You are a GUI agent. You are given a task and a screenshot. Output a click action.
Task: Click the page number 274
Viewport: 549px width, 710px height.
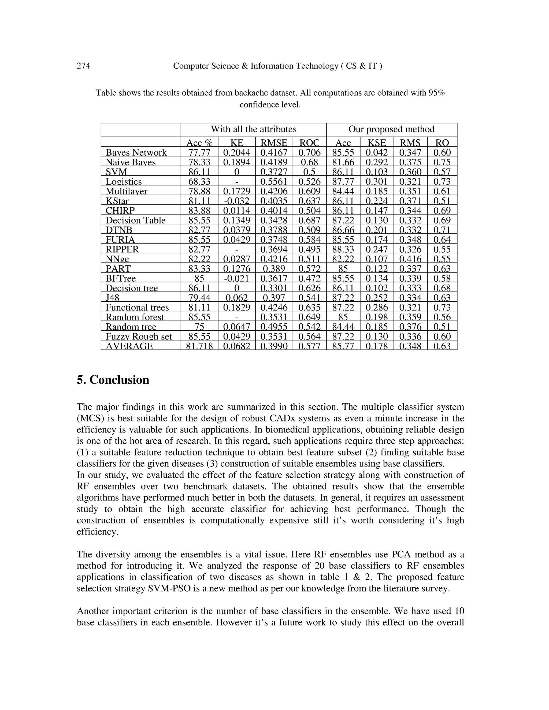click(x=83, y=66)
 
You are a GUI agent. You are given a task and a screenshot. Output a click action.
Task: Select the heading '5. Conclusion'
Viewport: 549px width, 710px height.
click(x=113, y=380)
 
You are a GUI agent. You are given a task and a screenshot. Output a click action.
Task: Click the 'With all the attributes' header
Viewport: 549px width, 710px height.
click(x=253, y=129)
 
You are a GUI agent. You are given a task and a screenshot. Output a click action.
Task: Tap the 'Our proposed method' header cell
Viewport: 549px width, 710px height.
click(x=391, y=129)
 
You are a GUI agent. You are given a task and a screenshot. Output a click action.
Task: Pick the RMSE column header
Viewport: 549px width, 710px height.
click(x=274, y=143)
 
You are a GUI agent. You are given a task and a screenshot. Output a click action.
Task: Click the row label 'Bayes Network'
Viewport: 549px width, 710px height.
click(x=136, y=152)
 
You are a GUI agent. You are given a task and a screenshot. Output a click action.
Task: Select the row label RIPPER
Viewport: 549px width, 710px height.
click(x=122, y=249)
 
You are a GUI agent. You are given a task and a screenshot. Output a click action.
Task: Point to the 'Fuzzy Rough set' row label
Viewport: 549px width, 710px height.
click(x=139, y=337)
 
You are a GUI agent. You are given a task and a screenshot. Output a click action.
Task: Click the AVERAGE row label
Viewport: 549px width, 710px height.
click(x=129, y=346)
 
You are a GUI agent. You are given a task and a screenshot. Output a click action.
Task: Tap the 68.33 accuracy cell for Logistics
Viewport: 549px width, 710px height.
click(x=199, y=181)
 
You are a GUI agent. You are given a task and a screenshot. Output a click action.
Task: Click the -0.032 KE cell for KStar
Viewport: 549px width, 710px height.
click(x=236, y=201)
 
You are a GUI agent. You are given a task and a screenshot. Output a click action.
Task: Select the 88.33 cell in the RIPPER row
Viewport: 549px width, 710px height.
click(x=343, y=249)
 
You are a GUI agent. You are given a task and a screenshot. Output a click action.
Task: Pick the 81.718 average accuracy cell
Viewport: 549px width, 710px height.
click(x=199, y=346)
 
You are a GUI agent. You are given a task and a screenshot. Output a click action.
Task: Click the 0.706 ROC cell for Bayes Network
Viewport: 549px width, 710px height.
click(x=309, y=152)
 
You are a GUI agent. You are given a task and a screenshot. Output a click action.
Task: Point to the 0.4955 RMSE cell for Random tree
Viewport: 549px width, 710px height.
click(x=274, y=327)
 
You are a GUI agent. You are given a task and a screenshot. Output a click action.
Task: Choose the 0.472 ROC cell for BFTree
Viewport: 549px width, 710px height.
click(x=309, y=278)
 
